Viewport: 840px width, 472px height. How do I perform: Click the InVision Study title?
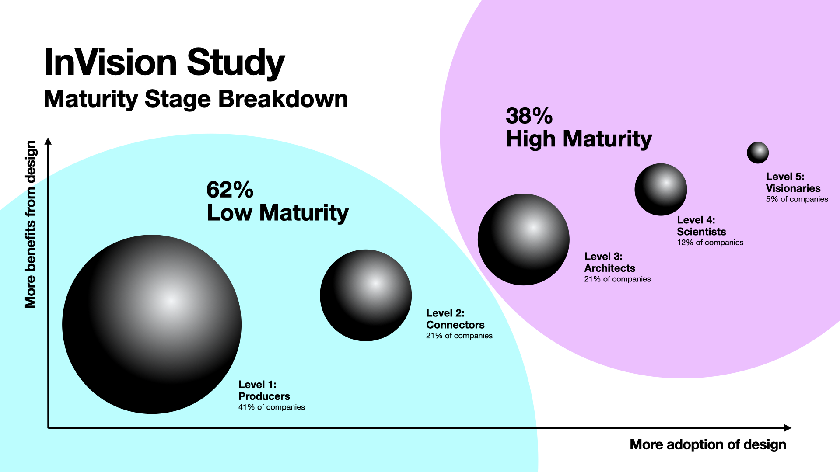tap(164, 62)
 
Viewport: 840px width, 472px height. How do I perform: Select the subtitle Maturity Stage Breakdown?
tap(196, 99)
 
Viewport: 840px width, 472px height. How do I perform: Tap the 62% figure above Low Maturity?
tap(230, 190)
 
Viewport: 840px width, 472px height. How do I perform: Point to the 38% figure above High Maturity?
tap(529, 116)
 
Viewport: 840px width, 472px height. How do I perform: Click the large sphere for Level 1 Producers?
tap(152, 324)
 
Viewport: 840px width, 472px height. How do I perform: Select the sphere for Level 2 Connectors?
tap(366, 295)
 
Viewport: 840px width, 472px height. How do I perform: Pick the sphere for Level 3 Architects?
tap(523, 239)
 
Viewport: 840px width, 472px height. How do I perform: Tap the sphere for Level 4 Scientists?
tap(661, 190)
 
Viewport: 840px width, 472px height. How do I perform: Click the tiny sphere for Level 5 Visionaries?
tap(757, 153)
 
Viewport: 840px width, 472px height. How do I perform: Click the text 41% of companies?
tap(271, 407)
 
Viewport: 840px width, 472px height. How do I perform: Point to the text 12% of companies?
tap(710, 243)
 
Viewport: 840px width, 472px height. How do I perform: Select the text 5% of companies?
tap(797, 199)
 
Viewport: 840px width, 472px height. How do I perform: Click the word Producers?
tap(264, 396)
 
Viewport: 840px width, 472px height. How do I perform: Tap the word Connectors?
tap(455, 325)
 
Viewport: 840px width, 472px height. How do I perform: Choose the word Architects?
tap(609, 268)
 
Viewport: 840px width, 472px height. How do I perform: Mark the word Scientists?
tap(701, 232)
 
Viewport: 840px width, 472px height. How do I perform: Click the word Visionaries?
tap(793, 188)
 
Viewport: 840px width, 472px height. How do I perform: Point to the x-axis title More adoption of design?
tap(707, 444)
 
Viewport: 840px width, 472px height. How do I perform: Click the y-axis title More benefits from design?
tap(30, 224)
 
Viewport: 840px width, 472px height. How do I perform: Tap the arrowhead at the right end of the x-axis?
tap(788, 428)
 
